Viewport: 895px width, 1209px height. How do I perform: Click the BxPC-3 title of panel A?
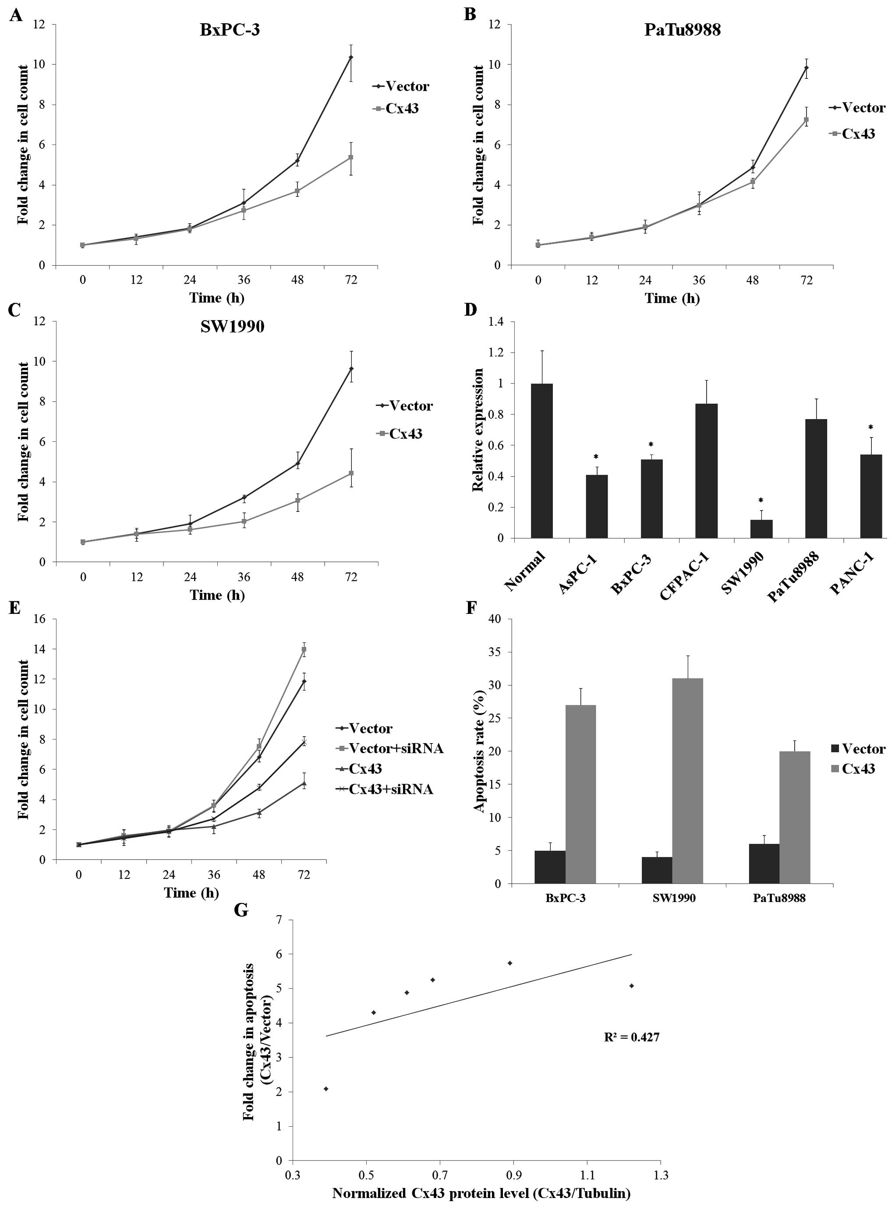tap(230, 29)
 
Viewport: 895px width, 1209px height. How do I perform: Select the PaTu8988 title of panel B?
tap(682, 29)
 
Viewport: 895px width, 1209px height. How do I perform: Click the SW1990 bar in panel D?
tap(761, 529)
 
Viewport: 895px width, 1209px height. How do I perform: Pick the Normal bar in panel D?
tap(542, 460)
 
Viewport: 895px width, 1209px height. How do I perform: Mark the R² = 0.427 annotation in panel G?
tap(632, 1037)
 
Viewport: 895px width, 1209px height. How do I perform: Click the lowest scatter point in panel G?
tap(326, 1089)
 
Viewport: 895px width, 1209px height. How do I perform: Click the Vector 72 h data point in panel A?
tap(351, 57)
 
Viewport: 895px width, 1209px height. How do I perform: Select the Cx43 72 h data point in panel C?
tap(351, 473)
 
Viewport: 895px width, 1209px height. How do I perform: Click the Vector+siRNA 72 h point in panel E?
tap(304, 649)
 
